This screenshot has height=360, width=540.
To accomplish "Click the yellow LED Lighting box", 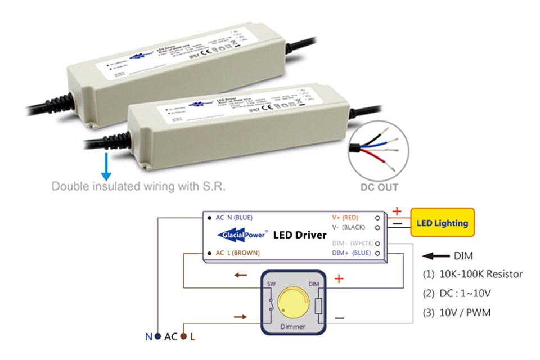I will pyautogui.click(x=442, y=223).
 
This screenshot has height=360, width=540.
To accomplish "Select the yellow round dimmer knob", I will pyautogui.click(x=289, y=299).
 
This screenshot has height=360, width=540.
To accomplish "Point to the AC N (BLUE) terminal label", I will pyautogui.click(x=234, y=217).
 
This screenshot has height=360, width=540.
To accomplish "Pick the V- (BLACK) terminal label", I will pyautogui.click(x=349, y=227).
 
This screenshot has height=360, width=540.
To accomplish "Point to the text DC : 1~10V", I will pyautogui.click(x=457, y=293).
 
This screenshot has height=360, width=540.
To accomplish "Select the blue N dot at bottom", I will pyautogui.click(x=157, y=337).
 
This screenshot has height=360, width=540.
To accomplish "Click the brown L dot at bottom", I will pyautogui.click(x=184, y=337).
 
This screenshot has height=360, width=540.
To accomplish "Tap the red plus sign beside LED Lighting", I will pyautogui.click(x=397, y=211).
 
